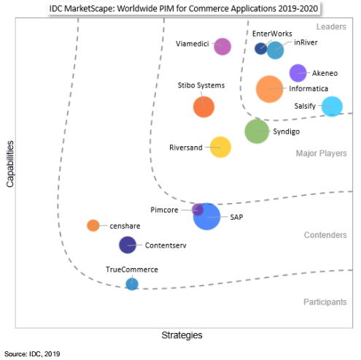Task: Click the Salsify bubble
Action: click(x=332, y=107)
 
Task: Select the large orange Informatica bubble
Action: click(x=269, y=89)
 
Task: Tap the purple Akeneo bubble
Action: click(x=298, y=73)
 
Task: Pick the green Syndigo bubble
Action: click(x=257, y=131)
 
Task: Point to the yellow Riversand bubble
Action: click(x=220, y=148)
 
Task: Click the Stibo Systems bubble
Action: click(x=203, y=107)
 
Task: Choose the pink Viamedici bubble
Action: click(x=222, y=47)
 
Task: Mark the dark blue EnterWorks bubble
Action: click(x=260, y=49)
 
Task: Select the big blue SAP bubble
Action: click(x=206, y=216)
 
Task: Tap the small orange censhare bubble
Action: click(x=93, y=226)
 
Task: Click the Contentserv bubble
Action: click(x=128, y=245)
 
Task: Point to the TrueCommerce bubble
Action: click(x=132, y=284)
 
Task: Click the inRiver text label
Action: click(x=306, y=42)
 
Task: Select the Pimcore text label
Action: click(x=164, y=210)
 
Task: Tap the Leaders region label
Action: click(x=331, y=26)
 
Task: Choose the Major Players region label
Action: click(x=321, y=153)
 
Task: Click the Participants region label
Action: click(x=325, y=302)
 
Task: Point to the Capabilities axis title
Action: click(x=10, y=164)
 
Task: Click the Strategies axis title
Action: click(x=182, y=335)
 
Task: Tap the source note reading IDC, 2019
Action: click(x=44, y=354)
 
